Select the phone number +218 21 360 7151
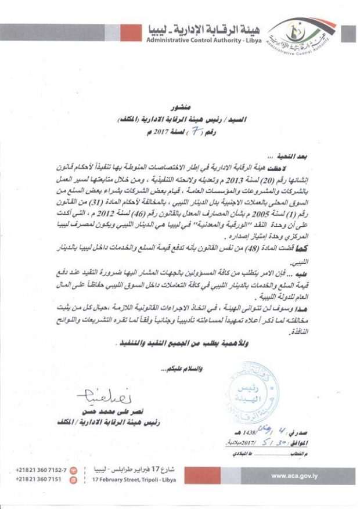[x=45, y=480]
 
